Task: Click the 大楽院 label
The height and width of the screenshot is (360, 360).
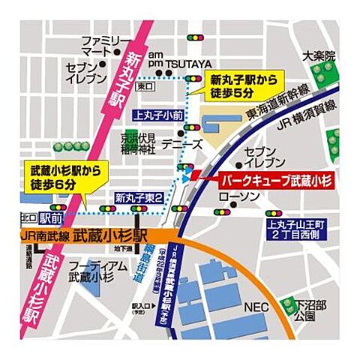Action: [x=318, y=55]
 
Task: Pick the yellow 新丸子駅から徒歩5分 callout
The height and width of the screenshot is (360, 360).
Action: [x=238, y=85]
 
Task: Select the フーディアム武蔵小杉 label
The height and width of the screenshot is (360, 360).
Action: [x=95, y=271]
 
